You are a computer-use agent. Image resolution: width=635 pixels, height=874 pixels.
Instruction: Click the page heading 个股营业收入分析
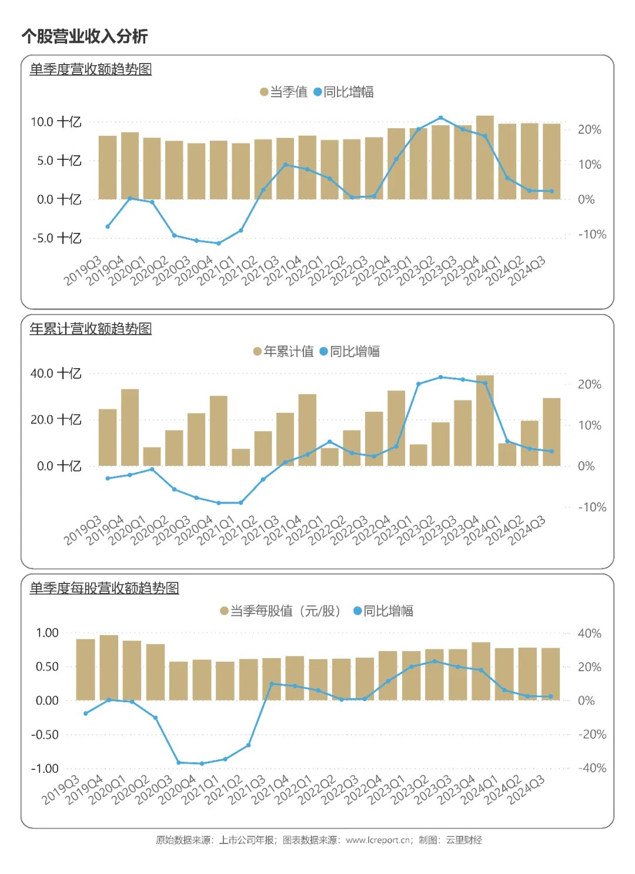click(x=85, y=36)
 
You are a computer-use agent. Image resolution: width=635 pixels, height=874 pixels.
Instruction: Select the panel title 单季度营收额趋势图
click(x=91, y=69)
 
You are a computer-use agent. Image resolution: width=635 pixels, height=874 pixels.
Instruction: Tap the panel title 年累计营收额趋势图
click(x=91, y=329)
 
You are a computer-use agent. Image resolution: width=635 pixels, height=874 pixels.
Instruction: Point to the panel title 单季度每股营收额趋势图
click(x=104, y=588)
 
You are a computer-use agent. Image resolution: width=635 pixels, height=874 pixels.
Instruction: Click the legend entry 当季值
click(x=284, y=92)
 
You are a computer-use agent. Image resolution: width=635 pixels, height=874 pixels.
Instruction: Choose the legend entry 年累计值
click(x=284, y=352)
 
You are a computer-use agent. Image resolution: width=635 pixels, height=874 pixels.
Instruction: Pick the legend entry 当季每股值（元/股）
click(x=280, y=611)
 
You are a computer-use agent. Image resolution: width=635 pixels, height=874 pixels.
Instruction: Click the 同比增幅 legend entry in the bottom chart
click(x=383, y=611)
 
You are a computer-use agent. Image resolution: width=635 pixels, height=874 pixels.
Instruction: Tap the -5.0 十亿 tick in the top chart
click(x=56, y=238)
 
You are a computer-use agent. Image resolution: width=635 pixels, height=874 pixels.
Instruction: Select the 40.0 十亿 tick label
click(x=56, y=373)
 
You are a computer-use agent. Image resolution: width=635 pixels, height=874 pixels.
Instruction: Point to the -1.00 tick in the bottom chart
click(x=45, y=769)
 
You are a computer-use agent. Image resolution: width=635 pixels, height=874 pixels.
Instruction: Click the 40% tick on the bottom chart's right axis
click(x=589, y=633)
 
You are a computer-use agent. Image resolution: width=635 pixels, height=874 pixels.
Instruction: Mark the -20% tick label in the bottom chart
click(x=591, y=735)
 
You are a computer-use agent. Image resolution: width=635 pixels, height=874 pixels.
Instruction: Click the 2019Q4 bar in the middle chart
click(x=130, y=428)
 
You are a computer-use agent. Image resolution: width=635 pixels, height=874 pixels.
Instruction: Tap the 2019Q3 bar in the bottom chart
click(x=85, y=669)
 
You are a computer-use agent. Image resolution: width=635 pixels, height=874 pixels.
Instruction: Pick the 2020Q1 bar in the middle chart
click(x=152, y=456)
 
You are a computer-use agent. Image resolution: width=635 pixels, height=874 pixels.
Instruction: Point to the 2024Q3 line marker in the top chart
click(x=552, y=191)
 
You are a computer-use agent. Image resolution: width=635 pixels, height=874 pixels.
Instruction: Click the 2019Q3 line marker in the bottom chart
click(x=86, y=713)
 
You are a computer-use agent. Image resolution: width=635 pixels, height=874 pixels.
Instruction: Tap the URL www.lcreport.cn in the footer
click(x=378, y=840)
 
